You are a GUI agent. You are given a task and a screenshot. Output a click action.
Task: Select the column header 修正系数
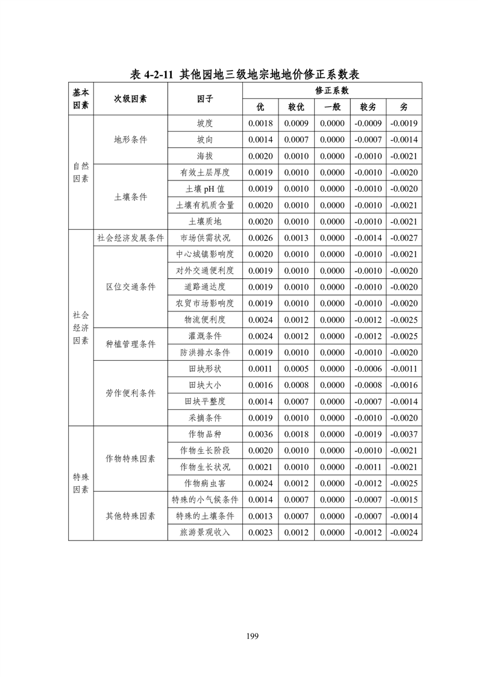[x=332, y=91]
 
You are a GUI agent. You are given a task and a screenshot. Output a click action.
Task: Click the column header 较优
[x=296, y=107]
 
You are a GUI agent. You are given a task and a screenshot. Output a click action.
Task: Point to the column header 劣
[x=404, y=107]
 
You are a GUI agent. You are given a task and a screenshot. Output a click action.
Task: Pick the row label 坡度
[x=205, y=123]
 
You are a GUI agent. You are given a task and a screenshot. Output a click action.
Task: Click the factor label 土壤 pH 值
[x=205, y=189]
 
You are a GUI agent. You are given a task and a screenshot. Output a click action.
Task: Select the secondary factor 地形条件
[x=130, y=139]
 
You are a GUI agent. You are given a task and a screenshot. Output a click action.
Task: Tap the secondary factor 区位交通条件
[x=130, y=287]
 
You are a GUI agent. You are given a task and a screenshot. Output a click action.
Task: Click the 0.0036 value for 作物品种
[x=260, y=434]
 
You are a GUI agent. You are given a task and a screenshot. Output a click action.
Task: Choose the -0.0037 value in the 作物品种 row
[x=404, y=434]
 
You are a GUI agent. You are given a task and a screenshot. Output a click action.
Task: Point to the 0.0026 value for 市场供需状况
[x=260, y=238]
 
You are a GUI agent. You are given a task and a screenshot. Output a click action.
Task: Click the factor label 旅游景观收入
[x=205, y=532]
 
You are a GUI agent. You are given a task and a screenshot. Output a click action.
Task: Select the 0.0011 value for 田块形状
[x=260, y=369]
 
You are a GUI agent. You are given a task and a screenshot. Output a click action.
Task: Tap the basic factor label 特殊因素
[x=81, y=483]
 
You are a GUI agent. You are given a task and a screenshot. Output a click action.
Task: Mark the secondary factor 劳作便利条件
[x=130, y=393]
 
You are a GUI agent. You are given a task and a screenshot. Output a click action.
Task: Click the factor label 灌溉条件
[x=205, y=335]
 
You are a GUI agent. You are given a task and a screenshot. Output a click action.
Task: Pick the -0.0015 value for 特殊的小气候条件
[x=404, y=500]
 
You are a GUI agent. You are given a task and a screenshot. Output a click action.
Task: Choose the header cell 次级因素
[x=130, y=99]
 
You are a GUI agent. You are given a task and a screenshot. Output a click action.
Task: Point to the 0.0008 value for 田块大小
[x=296, y=385]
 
